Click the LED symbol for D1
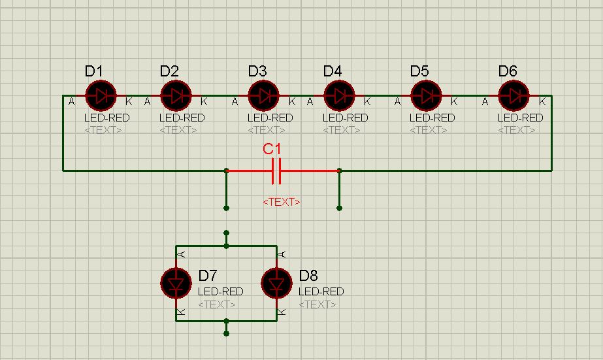click(101, 96)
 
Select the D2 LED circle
click(176, 96)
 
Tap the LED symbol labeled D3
click(264, 96)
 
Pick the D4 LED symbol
click(339, 96)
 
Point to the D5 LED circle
click(426, 96)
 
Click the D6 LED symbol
click(513, 96)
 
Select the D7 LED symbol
click(176, 284)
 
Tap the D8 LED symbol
click(277, 284)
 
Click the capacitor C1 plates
click(276, 171)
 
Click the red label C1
click(272, 149)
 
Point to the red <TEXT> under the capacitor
click(282, 202)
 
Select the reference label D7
click(208, 275)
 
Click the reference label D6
click(508, 71)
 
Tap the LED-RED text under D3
click(270, 118)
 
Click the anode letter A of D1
click(71, 102)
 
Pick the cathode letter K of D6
click(542, 102)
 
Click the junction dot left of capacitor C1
click(227, 171)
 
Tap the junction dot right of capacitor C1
click(339, 171)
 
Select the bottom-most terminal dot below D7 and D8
click(227, 333)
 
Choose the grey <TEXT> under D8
click(318, 304)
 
